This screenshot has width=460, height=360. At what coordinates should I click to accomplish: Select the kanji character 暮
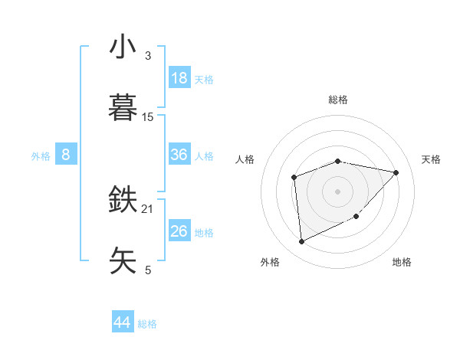tap(123, 107)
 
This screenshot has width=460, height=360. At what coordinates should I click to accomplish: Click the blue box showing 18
tap(179, 78)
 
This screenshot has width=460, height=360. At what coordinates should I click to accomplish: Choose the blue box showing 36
tap(179, 155)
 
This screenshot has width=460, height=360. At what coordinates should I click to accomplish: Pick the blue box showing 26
tap(179, 231)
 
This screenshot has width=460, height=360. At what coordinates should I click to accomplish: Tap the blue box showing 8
tap(66, 155)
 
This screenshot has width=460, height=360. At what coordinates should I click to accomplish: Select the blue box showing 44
tap(123, 322)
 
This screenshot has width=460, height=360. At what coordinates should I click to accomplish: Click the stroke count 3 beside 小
tap(148, 55)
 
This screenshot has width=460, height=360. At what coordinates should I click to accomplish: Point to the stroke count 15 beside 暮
tap(148, 116)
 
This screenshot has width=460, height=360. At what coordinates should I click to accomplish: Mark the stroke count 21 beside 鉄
tap(148, 208)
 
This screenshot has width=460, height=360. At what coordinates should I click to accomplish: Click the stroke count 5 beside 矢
tap(148, 270)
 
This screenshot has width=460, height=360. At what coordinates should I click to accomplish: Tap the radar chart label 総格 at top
tap(338, 100)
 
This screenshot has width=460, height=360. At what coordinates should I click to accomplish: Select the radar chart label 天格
tap(431, 159)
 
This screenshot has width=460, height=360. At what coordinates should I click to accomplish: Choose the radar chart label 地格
tap(402, 262)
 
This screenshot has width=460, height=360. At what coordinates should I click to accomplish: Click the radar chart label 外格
tap(270, 262)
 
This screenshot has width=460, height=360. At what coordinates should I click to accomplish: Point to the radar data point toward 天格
tap(396, 172)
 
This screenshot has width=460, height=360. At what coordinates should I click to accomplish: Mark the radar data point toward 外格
tap(301, 242)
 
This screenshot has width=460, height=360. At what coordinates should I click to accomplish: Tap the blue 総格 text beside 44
tap(147, 324)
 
